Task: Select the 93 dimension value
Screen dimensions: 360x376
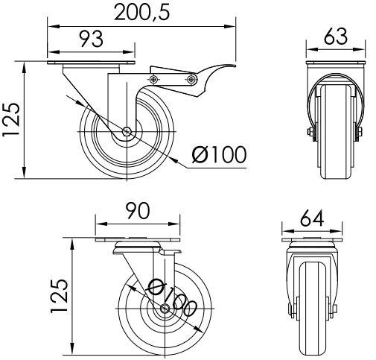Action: tap(91, 39)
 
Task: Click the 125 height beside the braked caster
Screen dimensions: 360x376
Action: tap(11, 121)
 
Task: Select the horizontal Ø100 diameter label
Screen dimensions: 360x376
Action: tap(218, 155)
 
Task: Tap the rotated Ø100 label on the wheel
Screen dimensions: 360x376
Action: tap(172, 299)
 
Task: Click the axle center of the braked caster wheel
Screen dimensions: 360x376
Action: tap(127, 133)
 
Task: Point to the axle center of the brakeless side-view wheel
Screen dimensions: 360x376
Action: tap(165, 309)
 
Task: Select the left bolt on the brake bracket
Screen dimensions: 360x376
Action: tap(155, 79)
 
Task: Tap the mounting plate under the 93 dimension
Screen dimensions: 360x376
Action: tap(92, 66)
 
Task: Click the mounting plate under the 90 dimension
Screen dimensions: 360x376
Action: tap(139, 241)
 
